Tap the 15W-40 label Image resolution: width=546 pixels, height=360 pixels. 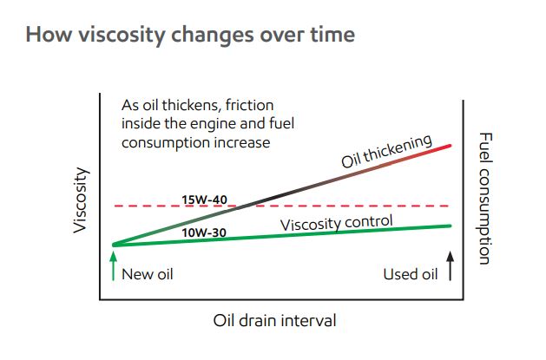pyautogui.click(x=204, y=200)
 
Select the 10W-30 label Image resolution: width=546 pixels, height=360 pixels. pyautogui.click(x=204, y=232)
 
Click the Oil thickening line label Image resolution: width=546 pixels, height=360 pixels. pyautogui.click(x=386, y=151)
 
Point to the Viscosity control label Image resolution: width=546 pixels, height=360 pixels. pyautogui.click(x=337, y=223)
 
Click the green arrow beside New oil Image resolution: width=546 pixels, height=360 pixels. pyautogui.click(x=113, y=266)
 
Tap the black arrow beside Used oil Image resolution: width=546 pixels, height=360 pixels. pyautogui.click(x=451, y=266)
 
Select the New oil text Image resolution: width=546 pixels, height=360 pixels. pyautogui.click(x=148, y=274)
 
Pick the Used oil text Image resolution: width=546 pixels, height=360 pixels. pyautogui.click(x=411, y=274)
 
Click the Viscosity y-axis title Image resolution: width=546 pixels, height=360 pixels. pyautogui.click(x=80, y=200)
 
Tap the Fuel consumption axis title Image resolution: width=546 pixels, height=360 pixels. pyautogui.click(x=484, y=199)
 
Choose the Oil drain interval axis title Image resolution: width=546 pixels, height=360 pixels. pyautogui.click(x=275, y=320)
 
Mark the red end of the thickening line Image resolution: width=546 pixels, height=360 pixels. pyautogui.click(x=450, y=146)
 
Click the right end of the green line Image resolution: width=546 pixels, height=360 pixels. pyautogui.click(x=450, y=226)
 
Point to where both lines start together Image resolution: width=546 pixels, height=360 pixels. pyautogui.click(x=114, y=245)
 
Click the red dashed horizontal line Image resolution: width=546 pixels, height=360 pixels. pyautogui.click(x=282, y=206)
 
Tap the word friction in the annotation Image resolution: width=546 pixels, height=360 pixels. pyautogui.click(x=249, y=105)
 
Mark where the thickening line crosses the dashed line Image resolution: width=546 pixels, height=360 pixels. pyautogui.click(x=247, y=206)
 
